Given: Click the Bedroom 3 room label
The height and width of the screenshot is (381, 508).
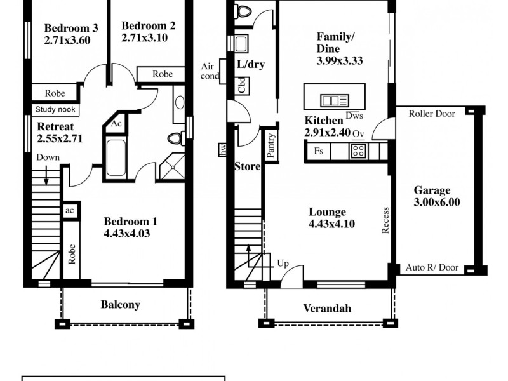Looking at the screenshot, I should (70, 28).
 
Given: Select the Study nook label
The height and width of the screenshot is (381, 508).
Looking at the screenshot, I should (55, 109).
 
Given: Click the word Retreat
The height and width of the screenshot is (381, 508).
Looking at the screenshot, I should (55, 126).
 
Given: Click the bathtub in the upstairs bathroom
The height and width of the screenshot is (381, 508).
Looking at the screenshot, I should (116, 158).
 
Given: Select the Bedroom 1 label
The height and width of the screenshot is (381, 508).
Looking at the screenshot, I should (130, 222).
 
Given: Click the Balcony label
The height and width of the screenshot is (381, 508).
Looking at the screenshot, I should (120, 305).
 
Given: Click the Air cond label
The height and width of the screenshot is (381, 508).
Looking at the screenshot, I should (210, 70).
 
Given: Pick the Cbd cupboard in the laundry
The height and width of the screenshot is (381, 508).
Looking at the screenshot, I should (242, 85).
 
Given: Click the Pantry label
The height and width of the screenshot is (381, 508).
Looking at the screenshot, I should (271, 145).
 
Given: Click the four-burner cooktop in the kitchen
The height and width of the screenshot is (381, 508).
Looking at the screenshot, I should (358, 151).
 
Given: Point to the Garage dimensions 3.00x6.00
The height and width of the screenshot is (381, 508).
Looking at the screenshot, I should (437, 203).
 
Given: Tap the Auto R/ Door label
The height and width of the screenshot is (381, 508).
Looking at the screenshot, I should (431, 269).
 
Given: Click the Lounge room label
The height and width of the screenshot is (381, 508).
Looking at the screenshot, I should (327, 212).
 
